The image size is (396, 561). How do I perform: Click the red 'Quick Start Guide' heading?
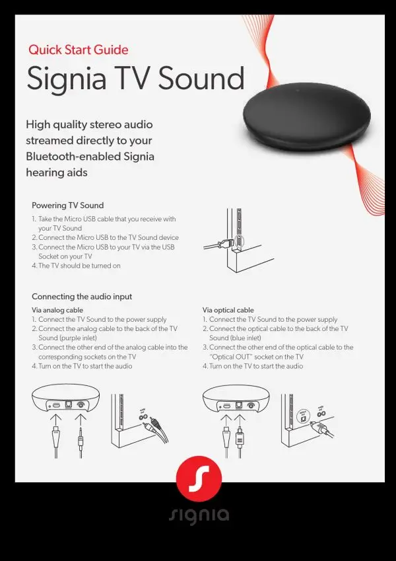click(x=79, y=50)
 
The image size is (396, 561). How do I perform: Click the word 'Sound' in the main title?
click(x=201, y=79)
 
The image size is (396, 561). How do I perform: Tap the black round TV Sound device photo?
click(x=307, y=117)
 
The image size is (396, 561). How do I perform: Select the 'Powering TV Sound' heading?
click(x=67, y=206)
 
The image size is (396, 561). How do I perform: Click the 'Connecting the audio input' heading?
click(x=82, y=297)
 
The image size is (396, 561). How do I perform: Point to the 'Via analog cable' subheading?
click(x=57, y=310)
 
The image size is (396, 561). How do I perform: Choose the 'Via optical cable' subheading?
click(x=228, y=310)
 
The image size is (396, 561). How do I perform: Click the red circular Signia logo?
click(x=199, y=478)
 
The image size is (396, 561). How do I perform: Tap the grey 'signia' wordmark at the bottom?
click(x=199, y=515)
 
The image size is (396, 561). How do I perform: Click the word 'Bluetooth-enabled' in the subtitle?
click(x=73, y=157)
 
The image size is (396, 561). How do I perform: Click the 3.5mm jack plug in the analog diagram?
click(x=81, y=437)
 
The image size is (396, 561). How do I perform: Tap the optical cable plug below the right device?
click(x=240, y=437)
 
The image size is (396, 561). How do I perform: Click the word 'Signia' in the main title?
click(x=67, y=79)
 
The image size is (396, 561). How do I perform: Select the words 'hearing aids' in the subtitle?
click(x=57, y=172)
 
